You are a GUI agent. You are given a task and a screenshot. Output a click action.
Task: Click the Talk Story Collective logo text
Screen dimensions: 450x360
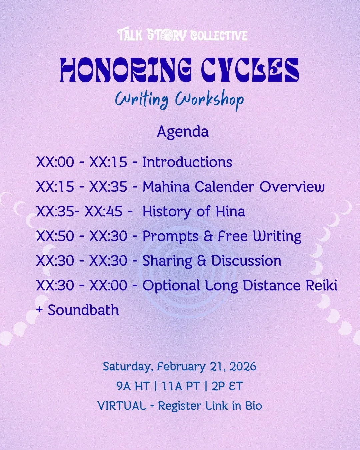tap(182, 35)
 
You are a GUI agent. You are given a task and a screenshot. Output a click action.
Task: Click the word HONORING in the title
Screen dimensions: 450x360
tap(126, 70)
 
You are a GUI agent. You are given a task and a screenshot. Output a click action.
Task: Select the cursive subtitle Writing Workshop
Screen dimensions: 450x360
tap(179, 99)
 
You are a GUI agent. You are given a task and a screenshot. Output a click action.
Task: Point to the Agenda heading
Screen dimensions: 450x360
tap(183, 131)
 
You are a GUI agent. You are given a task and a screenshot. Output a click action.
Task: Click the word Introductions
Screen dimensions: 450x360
tap(187, 162)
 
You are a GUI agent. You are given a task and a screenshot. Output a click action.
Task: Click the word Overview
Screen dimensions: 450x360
tap(292, 187)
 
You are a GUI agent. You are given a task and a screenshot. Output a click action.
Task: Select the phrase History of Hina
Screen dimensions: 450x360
tap(194, 211)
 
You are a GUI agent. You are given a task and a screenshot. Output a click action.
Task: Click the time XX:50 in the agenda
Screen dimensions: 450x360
tap(55, 236)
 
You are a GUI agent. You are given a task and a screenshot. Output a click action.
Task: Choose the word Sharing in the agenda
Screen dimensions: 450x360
tap(167, 261)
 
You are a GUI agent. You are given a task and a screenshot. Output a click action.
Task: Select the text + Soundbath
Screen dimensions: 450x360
tap(77, 310)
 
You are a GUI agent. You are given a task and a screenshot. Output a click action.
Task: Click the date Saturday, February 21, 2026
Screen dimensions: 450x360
tap(179, 367)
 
